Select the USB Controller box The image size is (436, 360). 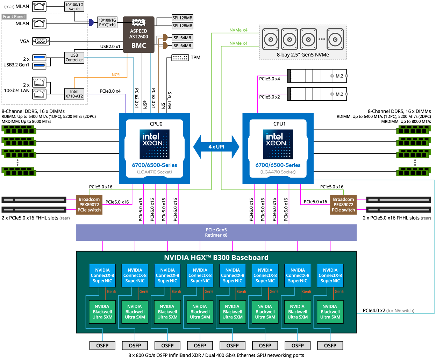pos(74,58)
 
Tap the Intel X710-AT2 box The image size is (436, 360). pos(74,94)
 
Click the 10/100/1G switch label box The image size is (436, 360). pos(74,7)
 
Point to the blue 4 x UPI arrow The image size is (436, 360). pos(216,147)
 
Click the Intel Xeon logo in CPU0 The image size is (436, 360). pos(155,144)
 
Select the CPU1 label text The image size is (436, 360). pos(279,124)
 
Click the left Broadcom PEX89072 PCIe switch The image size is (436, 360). pos(89,204)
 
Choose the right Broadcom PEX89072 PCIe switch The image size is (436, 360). pos(343,204)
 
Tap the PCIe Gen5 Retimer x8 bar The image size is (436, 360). pos(216,232)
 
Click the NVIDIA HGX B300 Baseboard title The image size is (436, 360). pos(216,258)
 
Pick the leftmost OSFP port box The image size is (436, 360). pos(102,345)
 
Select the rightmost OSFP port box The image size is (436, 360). pos(330,345)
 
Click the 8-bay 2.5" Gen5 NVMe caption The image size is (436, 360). pos(303,55)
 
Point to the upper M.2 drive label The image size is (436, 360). pos(339,76)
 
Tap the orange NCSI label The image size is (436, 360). pos(116,75)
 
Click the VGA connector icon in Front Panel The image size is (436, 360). pos(41,41)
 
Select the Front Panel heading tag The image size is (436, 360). pos(14,16)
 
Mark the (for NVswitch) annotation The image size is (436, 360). pos(400,310)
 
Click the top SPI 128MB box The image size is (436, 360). pos(183,18)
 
